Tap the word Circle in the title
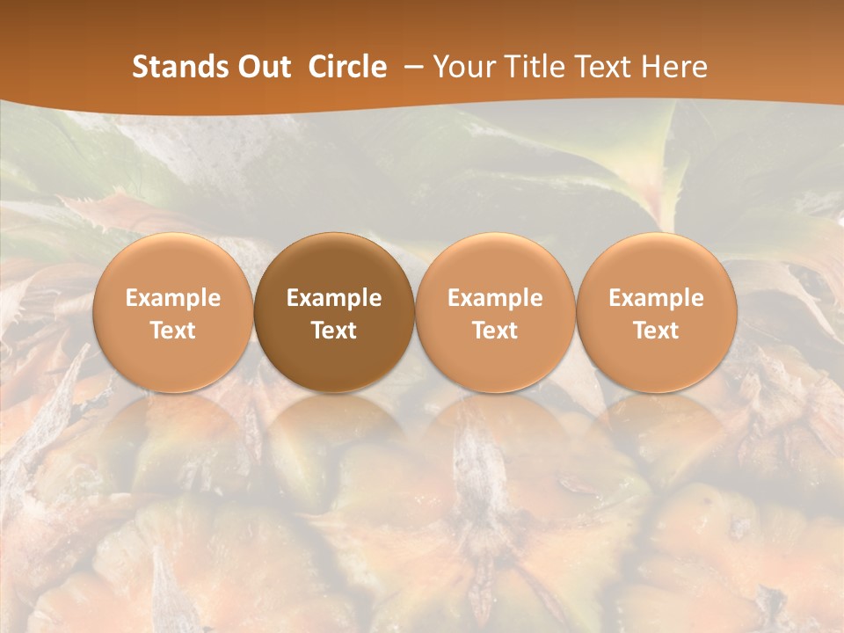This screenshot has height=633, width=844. tap(347, 67)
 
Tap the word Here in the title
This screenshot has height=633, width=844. tap(673, 67)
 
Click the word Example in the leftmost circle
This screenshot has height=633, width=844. tap(173, 298)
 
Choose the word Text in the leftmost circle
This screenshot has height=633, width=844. tap(173, 331)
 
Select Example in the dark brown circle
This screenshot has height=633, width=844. tap(334, 298)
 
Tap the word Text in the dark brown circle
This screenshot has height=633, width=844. tap(334, 331)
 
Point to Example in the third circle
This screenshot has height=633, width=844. tap(495, 298)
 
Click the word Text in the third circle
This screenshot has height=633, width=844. tap(495, 331)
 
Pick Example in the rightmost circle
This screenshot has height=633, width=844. tap(657, 298)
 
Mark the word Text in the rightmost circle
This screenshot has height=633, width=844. tap(657, 331)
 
